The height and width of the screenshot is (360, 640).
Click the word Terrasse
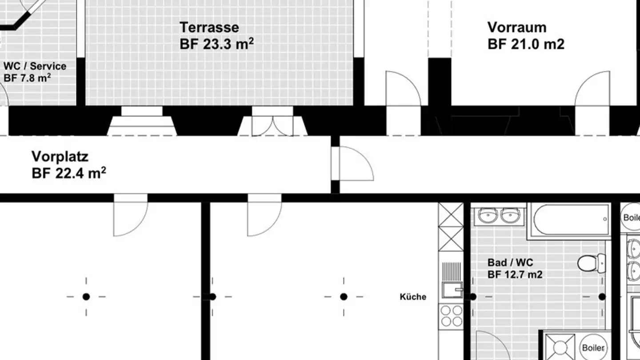click(x=209, y=28)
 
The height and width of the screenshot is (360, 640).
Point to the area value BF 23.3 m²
click(x=217, y=44)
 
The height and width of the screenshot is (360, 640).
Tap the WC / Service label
click(x=35, y=67)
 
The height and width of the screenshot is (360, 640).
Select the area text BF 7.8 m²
click(x=27, y=78)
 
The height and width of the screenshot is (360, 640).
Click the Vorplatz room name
click(x=60, y=156)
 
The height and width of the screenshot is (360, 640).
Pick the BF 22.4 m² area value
click(x=69, y=173)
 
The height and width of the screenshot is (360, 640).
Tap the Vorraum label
click(x=517, y=28)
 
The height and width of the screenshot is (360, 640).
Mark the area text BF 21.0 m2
click(x=526, y=44)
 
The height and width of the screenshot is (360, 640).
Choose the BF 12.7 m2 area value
click(x=515, y=274)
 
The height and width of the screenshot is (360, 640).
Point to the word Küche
click(x=413, y=297)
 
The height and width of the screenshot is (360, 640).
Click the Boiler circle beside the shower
click(x=593, y=348)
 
